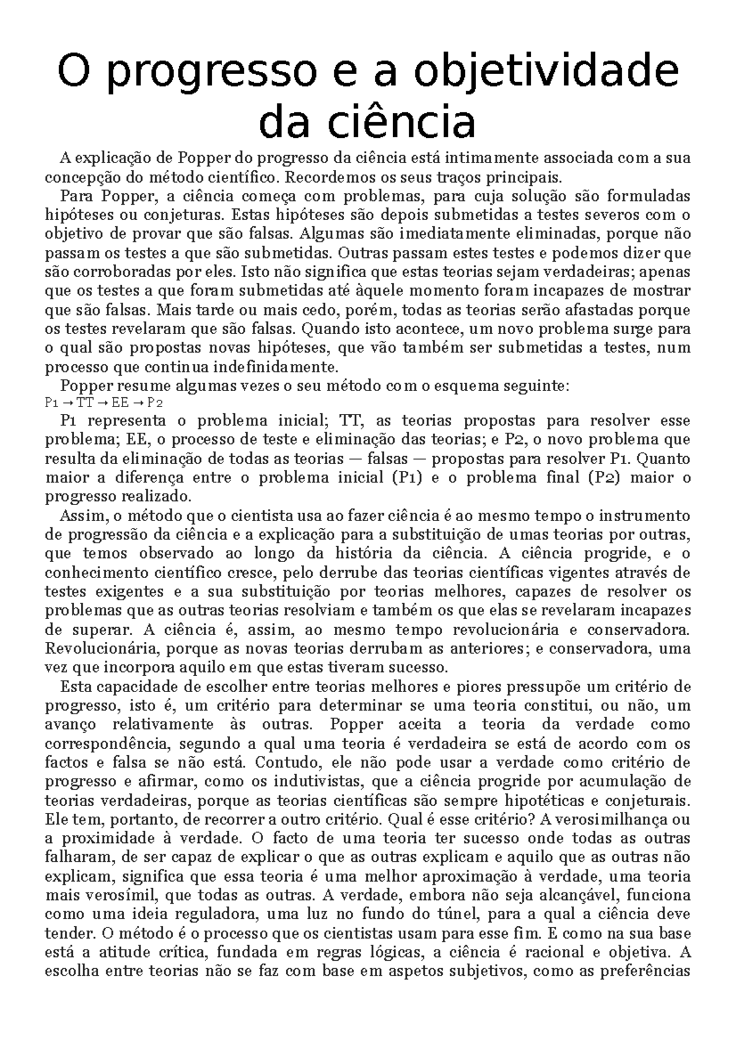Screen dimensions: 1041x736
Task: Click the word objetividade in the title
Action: point(546,72)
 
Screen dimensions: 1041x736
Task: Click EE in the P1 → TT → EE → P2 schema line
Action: point(120,403)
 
